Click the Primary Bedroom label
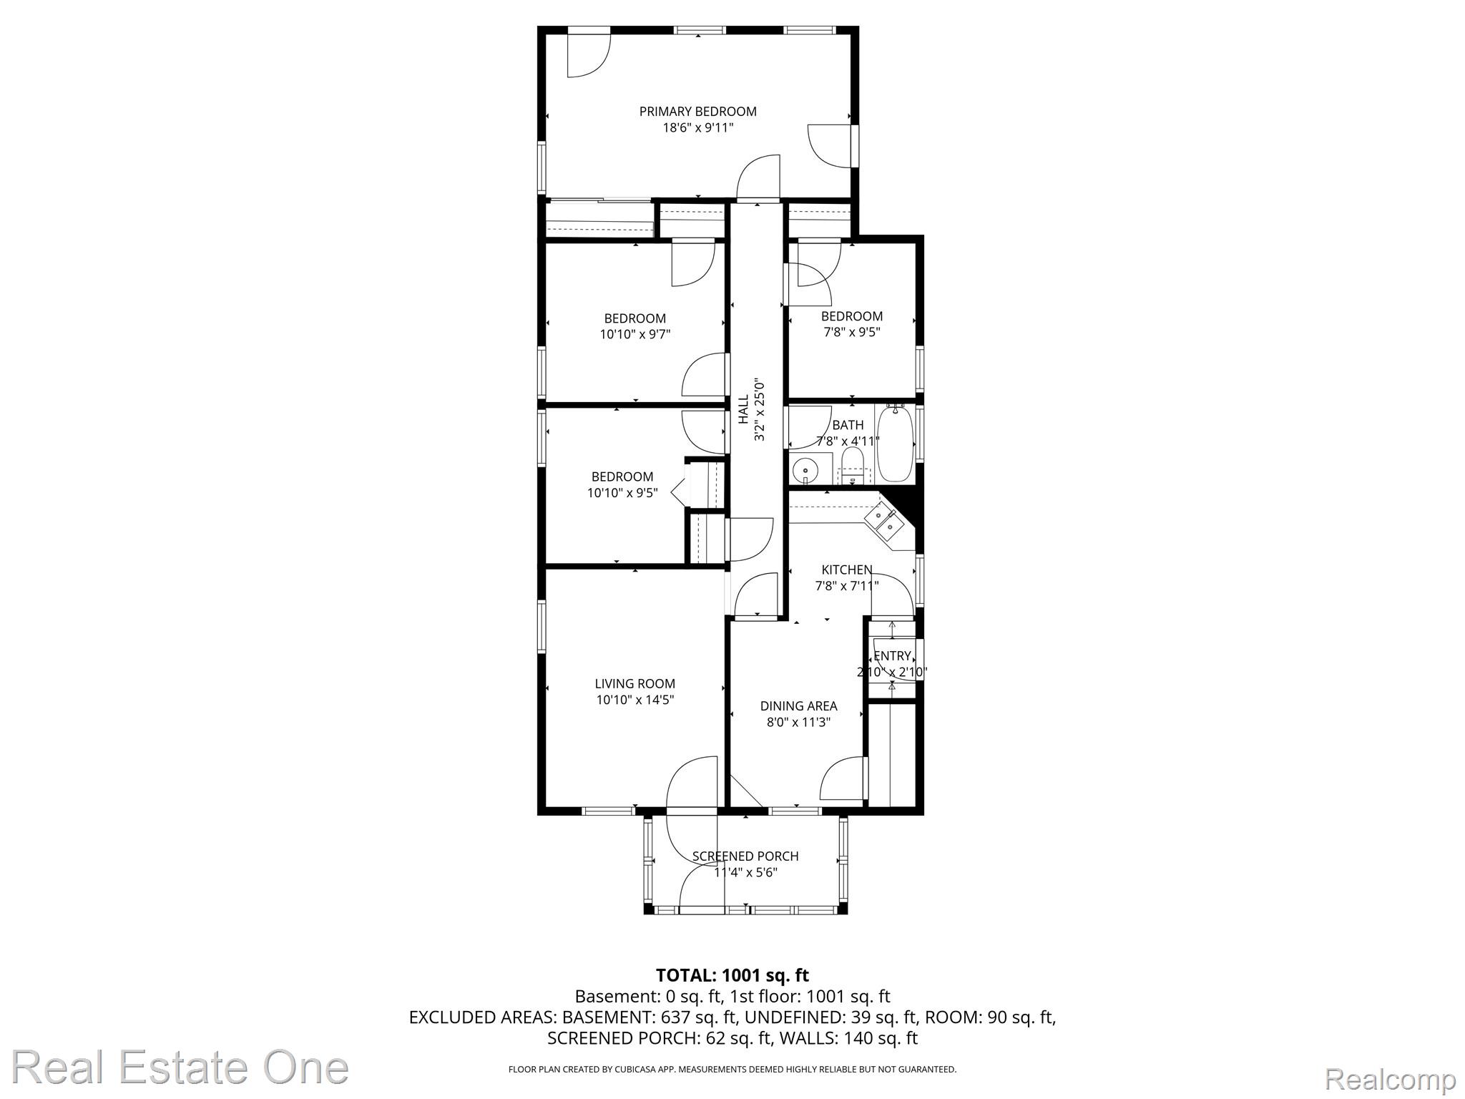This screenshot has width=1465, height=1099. click(697, 112)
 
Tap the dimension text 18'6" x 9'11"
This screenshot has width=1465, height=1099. click(698, 128)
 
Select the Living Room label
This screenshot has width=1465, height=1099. click(635, 684)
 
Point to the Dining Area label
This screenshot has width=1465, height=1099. click(798, 706)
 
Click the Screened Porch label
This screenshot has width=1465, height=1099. click(745, 856)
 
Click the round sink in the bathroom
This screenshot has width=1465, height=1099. click(805, 470)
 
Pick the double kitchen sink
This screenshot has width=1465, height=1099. click(885, 521)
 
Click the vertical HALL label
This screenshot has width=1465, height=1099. click(743, 409)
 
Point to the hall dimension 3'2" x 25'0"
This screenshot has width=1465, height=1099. click(760, 409)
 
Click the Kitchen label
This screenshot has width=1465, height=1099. click(847, 570)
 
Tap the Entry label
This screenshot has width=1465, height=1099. click(892, 656)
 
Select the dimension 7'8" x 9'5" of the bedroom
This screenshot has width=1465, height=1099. click(851, 332)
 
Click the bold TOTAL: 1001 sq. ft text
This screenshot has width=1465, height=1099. click(732, 975)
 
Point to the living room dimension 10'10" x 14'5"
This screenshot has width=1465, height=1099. click(635, 700)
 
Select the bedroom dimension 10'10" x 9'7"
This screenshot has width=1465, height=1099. click(635, 334)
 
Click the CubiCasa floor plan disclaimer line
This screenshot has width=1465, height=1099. click(732, 1070)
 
